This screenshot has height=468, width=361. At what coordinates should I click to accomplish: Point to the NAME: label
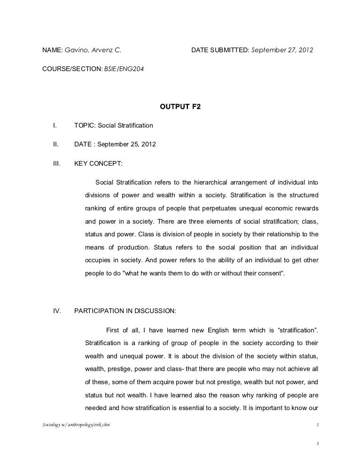tap(52, 49)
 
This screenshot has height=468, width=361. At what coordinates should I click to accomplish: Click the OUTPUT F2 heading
tap(180, 107)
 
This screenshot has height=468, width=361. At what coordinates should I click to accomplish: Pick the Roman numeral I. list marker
tap(55, 126)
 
